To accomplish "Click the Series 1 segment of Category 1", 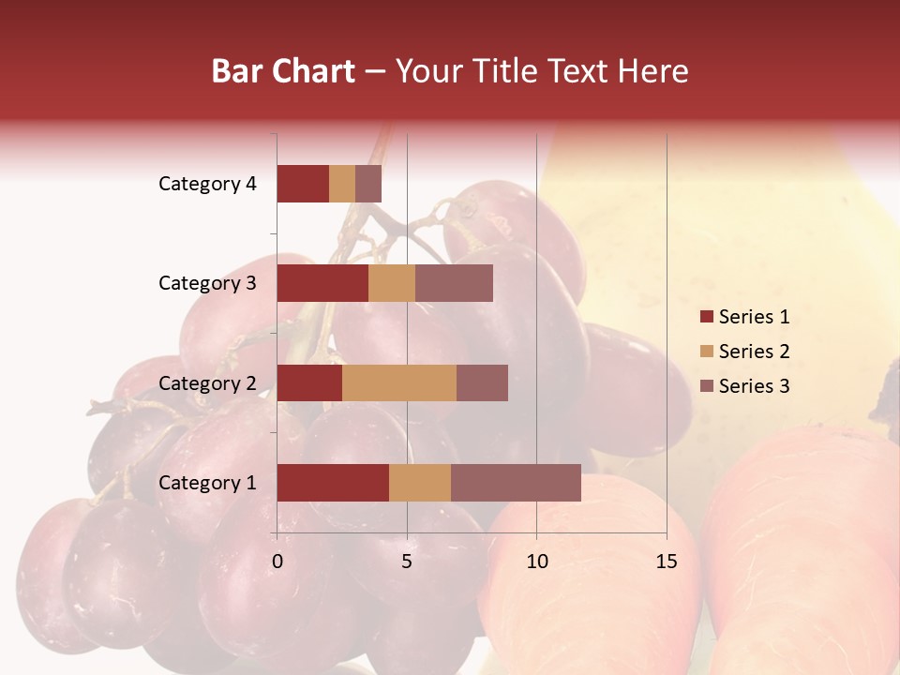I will (333, 483).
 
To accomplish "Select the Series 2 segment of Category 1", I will (420, 483).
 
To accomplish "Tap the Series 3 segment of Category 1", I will (516, 483).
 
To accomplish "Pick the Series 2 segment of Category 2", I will (399, 382).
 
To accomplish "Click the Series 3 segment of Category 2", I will (482, 382).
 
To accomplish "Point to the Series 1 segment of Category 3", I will (322, 283).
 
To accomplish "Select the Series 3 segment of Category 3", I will (454, 283).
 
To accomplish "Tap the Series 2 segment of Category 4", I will (342, 184).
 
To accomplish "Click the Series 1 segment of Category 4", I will (303, 184).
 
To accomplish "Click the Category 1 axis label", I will (207, 483).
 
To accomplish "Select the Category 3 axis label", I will (207, 283).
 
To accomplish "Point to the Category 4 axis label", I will (207, 184).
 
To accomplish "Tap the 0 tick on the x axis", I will (277, 562).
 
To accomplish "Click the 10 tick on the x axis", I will (536, 562).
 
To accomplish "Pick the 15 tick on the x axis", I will (667, 562).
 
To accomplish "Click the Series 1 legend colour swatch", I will (706, 317).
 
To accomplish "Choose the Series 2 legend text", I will (754, 352).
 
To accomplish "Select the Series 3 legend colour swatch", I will (706, 386).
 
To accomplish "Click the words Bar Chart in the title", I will (283, 71).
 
